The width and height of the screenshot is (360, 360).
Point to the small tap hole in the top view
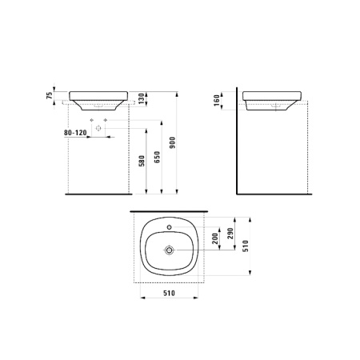[x=170, y=227]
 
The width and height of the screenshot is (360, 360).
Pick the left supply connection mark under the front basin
[x=93, y=119]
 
